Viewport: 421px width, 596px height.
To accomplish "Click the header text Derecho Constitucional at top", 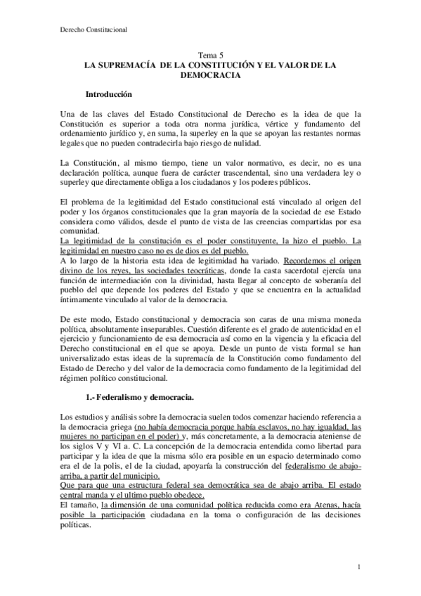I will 88,30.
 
